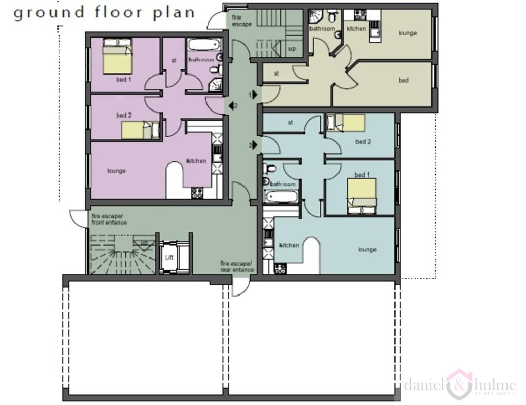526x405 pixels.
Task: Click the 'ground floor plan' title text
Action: click(x=104, y=12)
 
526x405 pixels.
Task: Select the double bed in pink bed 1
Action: click(x=118, y=57)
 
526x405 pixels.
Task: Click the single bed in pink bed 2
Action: click(x=140, y=130)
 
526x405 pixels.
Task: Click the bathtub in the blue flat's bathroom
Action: click(x=281, y=196)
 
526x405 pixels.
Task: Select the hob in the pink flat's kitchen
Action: click(x=197, y=193)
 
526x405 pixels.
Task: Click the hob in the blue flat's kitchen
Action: click(x=280, y=268)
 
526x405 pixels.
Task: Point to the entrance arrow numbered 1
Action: click(x=255, y=95)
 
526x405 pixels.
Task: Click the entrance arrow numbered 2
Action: click(x=229, y=106)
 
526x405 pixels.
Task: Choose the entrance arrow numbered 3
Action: click(x=255, y=145)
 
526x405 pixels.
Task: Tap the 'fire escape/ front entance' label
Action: click(x=109, y=219)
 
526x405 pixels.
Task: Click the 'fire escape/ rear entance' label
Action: click(x=237, y=267)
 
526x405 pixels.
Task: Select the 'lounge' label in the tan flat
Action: click(x=407, y=33)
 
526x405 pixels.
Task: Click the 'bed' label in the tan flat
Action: click(x=404, y=81)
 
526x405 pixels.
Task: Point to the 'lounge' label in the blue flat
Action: click(x=367, y=250)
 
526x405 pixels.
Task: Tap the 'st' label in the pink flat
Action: click(x=174, y=60)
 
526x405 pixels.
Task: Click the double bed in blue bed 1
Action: click(x=362, y=195)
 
